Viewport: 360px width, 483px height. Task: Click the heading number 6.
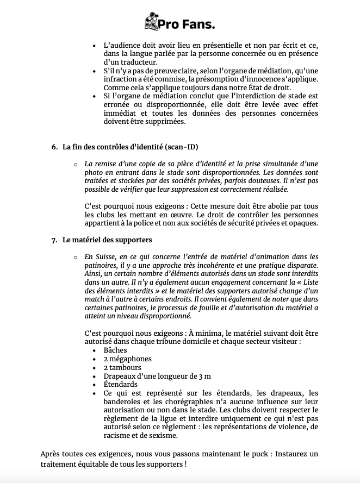pos(54,147)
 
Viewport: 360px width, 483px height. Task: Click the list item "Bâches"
pos(115,350)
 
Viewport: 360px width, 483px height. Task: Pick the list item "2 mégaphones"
pos(127,359)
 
